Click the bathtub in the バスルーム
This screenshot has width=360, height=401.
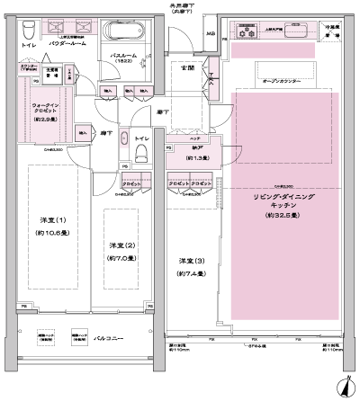(121, 31)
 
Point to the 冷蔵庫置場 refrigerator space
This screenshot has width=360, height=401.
(335, 29)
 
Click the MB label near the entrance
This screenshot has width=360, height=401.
(211, 36)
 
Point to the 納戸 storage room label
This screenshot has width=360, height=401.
(186, 149)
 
